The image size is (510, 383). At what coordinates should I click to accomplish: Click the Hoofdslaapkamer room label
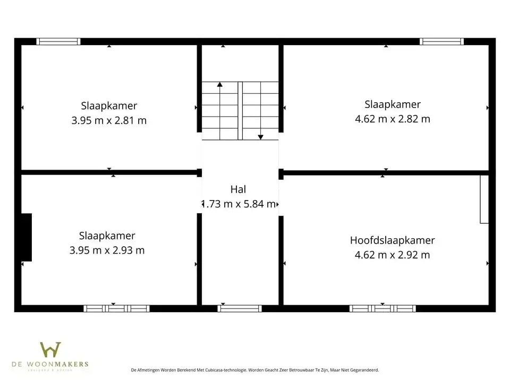pos(392,240)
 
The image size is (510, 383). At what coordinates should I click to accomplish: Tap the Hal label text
pos(239,189)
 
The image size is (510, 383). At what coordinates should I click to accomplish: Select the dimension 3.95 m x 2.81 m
pos(109,120)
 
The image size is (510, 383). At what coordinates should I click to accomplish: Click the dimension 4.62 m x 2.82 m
pos(392,119)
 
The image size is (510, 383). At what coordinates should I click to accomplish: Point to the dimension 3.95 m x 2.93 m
pos(107,250)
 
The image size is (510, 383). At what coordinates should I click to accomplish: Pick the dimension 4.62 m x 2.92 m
pos(392,255)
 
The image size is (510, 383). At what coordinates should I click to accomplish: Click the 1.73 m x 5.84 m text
pos(240,204)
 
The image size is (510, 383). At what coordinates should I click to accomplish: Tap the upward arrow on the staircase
pos(220,84)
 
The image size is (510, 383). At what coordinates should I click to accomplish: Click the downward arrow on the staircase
pos(260,137)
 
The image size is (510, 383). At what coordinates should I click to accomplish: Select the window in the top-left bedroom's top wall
pos(58,41)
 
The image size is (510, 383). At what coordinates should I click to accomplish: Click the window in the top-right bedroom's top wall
pos(441,41)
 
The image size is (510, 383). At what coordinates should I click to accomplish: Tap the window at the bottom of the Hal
pos(240,309)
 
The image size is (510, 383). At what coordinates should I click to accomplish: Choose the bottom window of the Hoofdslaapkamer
pos(382,309)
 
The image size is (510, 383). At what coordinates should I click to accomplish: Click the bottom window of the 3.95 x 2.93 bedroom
pos(116,309)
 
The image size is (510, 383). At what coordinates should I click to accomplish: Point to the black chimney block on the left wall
pos(26,237)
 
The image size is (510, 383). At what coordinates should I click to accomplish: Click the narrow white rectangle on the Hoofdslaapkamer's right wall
pos(484,199)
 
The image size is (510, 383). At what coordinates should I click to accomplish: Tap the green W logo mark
pos(50,350)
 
